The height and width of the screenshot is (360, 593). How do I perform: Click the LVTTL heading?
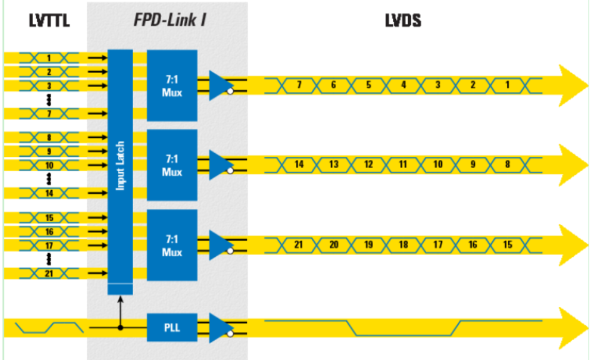tap(48, 21)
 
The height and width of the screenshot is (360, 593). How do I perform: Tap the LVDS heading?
tap(402, 21)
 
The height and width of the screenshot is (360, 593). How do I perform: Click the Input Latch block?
tap(121, 166)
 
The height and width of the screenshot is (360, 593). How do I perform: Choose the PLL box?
tap(172, 327)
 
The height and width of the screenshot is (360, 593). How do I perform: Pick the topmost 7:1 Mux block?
tap(172, 85)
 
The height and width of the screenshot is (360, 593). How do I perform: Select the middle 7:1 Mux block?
tap(172, 165)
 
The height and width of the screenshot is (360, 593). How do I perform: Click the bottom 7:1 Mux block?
tap(172, 245)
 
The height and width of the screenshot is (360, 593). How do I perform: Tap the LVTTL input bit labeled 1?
tap(48, 58)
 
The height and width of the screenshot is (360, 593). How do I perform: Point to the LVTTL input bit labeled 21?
tap(48, 273)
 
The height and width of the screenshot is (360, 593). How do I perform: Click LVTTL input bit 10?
tap(48, 166)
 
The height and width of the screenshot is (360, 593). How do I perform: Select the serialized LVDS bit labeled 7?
tap(299, 85)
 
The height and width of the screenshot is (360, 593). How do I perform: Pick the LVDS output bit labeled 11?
tap(403, 165)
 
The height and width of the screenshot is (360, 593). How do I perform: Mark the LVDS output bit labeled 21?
tap(299, 245)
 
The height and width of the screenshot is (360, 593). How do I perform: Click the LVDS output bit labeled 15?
tap(507, 245)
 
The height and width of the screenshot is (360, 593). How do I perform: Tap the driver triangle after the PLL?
tap(219, 327)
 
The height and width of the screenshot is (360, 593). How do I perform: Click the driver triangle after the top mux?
tap(219, 85)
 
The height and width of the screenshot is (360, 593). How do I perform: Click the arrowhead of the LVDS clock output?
tap(572, 327)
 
